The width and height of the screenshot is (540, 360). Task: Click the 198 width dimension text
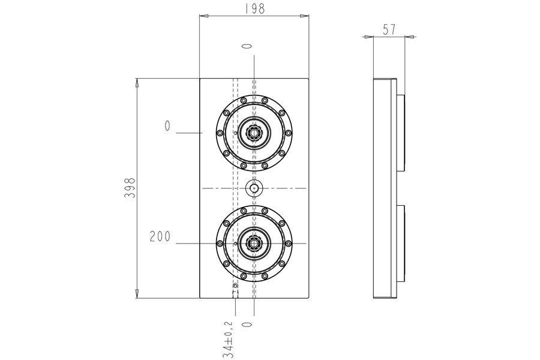click(x=254, y=8)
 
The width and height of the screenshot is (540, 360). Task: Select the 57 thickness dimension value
click(x=389, y=29)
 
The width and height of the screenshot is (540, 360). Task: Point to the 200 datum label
click(x=160, y=237)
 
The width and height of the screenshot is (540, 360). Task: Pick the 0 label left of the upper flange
click(x=167, y=126)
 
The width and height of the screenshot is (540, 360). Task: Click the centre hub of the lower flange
click(x=255, y=244)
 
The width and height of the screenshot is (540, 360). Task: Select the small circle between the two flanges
click(x=255, y=188)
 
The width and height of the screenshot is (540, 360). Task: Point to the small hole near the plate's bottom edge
click(x=235, y=286)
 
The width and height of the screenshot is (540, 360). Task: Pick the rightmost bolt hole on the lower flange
click(x=289, y=244)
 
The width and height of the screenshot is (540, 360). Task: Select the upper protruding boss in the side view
click(x=401, y=133)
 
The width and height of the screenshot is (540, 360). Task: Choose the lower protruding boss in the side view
click(x=401, y=244)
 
